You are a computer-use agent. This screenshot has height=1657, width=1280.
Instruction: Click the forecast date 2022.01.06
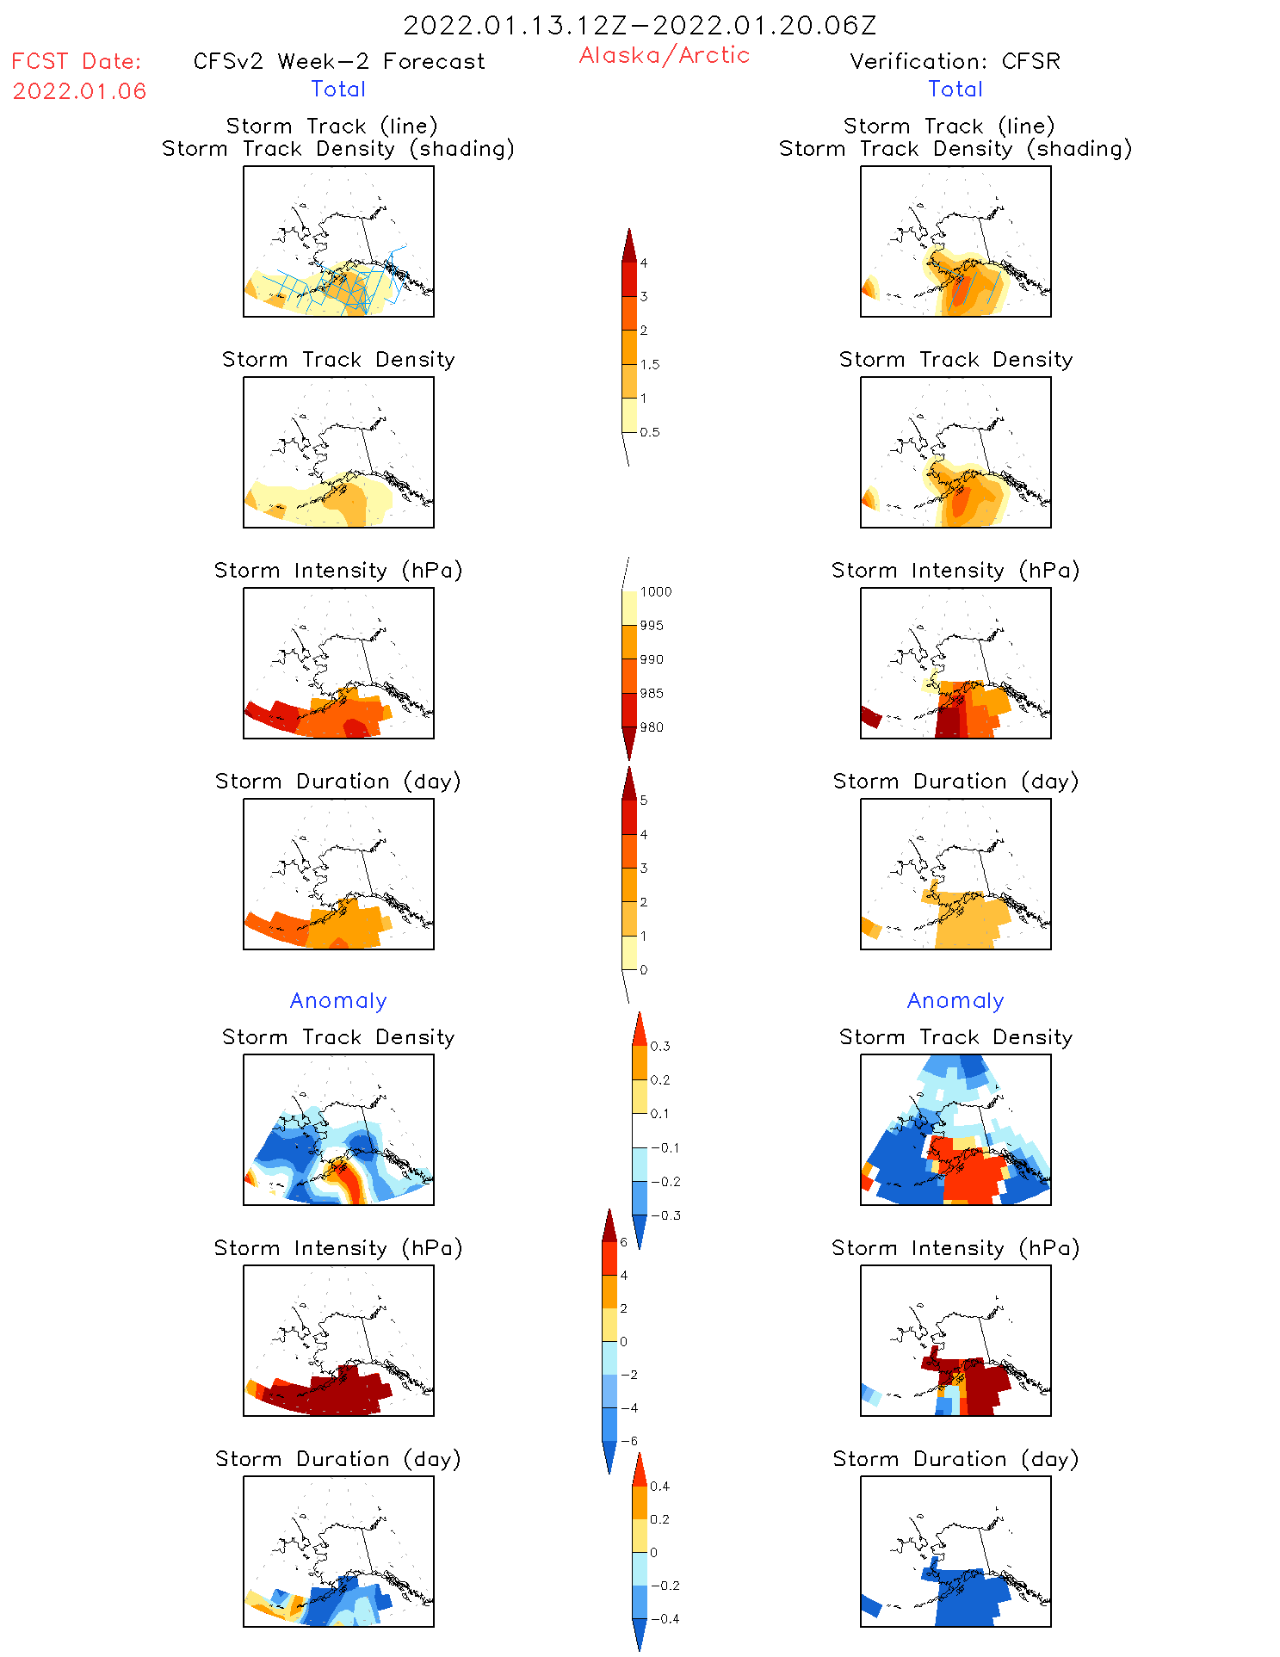(x=79, y=91)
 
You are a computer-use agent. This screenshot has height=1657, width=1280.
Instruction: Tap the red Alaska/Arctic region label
(x=664, y=55)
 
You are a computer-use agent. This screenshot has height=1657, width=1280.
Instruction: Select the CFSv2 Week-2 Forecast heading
(x=338, y=61)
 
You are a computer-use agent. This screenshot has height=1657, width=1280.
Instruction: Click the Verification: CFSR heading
(x=955, y=61)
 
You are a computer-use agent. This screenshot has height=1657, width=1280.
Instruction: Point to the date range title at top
(x=640, y=25)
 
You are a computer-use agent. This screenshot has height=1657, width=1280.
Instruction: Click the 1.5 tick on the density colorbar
(x=649, y=364)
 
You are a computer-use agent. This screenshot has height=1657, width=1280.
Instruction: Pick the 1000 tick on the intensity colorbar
(x=655, y=591)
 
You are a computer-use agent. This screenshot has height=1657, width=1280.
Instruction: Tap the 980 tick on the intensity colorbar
(x=651, y=727)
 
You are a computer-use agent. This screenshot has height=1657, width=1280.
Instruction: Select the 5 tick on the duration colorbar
(x=643, y=801)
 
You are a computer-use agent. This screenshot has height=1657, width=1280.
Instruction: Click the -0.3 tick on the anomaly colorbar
(x=665, y=1215)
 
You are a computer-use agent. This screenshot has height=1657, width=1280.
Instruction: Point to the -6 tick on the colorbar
(x=628, y=1441)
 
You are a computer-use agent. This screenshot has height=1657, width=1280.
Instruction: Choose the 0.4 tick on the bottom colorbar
(x=659, y=1486)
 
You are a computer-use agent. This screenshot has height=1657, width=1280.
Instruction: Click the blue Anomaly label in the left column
(x=338, y=1000)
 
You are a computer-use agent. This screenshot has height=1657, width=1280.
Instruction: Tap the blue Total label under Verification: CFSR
(x=955, y=89)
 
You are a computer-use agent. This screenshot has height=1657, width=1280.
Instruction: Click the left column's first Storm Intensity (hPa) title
(x=338, y=570)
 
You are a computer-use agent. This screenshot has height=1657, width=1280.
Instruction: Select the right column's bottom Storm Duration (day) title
(x=955, y=1459)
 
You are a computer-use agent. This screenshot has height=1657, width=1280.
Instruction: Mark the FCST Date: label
(x=76, y=61)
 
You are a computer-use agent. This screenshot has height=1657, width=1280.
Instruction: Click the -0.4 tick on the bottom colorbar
(x=664, y=1618)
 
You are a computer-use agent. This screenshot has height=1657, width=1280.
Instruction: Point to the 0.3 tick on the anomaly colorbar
(x=659, y=1046)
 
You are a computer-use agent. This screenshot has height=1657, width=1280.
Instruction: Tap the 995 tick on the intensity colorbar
(x=651, y=626)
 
